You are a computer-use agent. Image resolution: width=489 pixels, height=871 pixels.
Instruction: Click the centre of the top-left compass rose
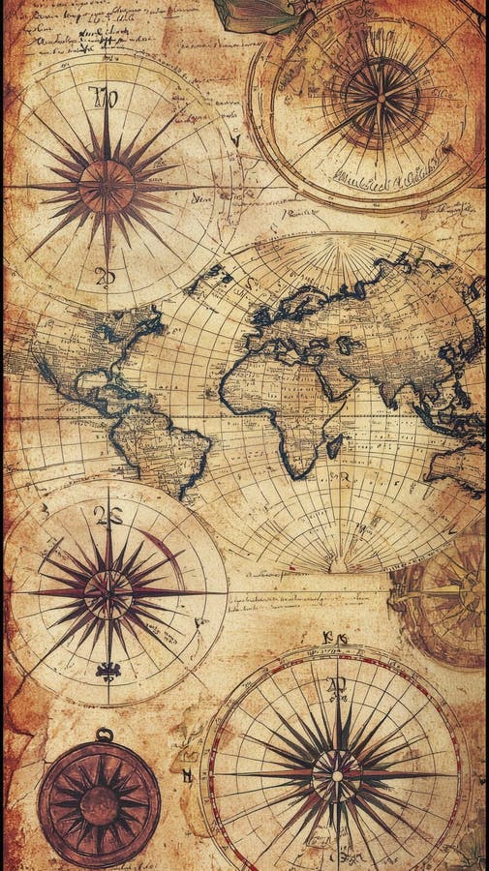click(107, 186)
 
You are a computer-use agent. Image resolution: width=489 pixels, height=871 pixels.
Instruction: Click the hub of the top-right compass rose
click(381, 99)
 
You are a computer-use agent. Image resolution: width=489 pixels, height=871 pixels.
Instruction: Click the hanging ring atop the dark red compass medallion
click(103, 735)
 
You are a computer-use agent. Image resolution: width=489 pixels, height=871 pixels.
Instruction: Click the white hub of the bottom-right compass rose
click(337, 773)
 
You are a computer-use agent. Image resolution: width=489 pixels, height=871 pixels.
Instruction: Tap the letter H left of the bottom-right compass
click(187, 775)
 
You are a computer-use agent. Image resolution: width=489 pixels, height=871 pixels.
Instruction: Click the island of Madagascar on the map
click(334, 446)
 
